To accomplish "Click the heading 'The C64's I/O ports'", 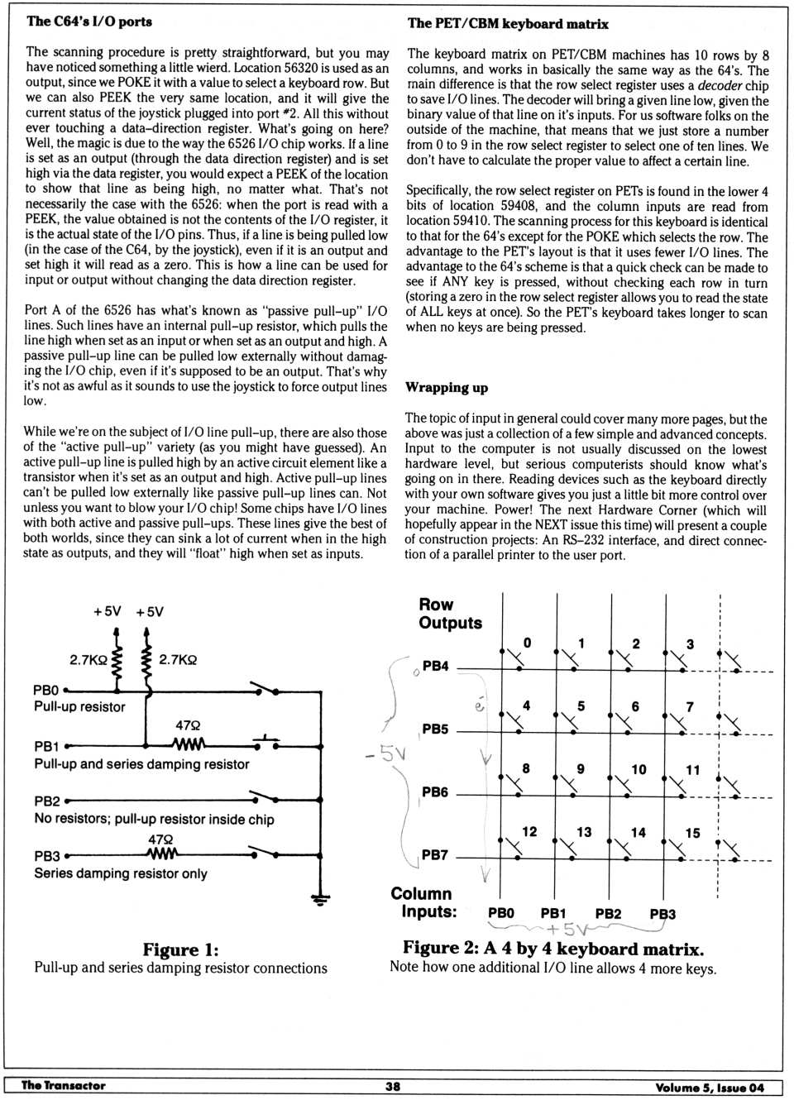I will point(89,22).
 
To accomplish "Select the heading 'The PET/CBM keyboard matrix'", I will point(508,24).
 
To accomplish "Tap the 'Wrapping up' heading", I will point(447,388).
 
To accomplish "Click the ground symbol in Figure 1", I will point(319,898).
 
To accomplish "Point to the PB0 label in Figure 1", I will point(46,690).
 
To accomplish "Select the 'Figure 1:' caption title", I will point(180,949).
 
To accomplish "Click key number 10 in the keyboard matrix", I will point(639,770).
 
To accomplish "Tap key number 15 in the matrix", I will point(692,833).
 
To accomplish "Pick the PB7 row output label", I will point(435,855).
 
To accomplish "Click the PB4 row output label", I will point(435,666).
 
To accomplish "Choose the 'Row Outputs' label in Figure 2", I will point(450,614).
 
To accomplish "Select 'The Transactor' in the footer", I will point(63,1086).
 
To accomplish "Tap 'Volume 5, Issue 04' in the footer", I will point(710,1088).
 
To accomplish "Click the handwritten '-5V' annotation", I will point(385,753).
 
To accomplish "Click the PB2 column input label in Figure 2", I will point(608,914).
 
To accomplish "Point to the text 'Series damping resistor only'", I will point(121,874).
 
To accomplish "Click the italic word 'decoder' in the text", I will point(720,85).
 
